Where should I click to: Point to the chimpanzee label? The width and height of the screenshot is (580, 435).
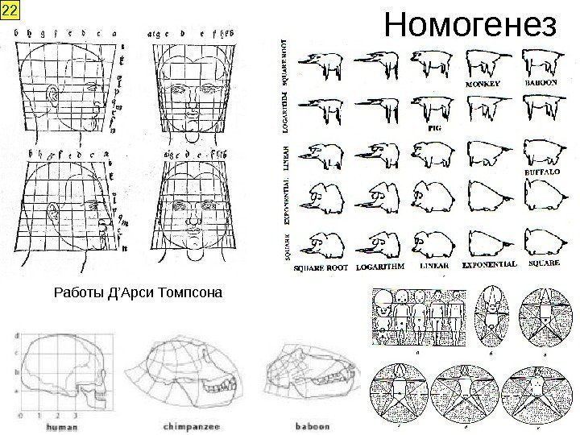(188, 425)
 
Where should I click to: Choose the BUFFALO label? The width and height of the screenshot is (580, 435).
(541, 172)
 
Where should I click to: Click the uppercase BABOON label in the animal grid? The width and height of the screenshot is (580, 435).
(541, 83)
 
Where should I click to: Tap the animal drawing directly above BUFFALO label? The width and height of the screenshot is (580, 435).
(541, 150)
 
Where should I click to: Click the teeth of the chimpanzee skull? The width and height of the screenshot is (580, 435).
(217, 393)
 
